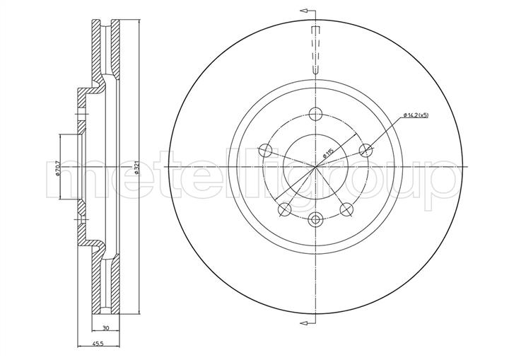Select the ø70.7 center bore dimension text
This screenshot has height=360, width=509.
[58, 168]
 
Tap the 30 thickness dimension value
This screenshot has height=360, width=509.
[105, 328]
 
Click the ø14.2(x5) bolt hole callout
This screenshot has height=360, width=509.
[416, 115]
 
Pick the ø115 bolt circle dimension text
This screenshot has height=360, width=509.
[328, 153]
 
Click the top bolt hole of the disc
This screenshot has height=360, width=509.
[315, 114]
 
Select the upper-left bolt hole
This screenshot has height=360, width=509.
[265, 150]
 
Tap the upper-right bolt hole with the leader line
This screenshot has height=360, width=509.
[366, 150]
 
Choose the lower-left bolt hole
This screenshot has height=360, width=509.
[285, 209]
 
